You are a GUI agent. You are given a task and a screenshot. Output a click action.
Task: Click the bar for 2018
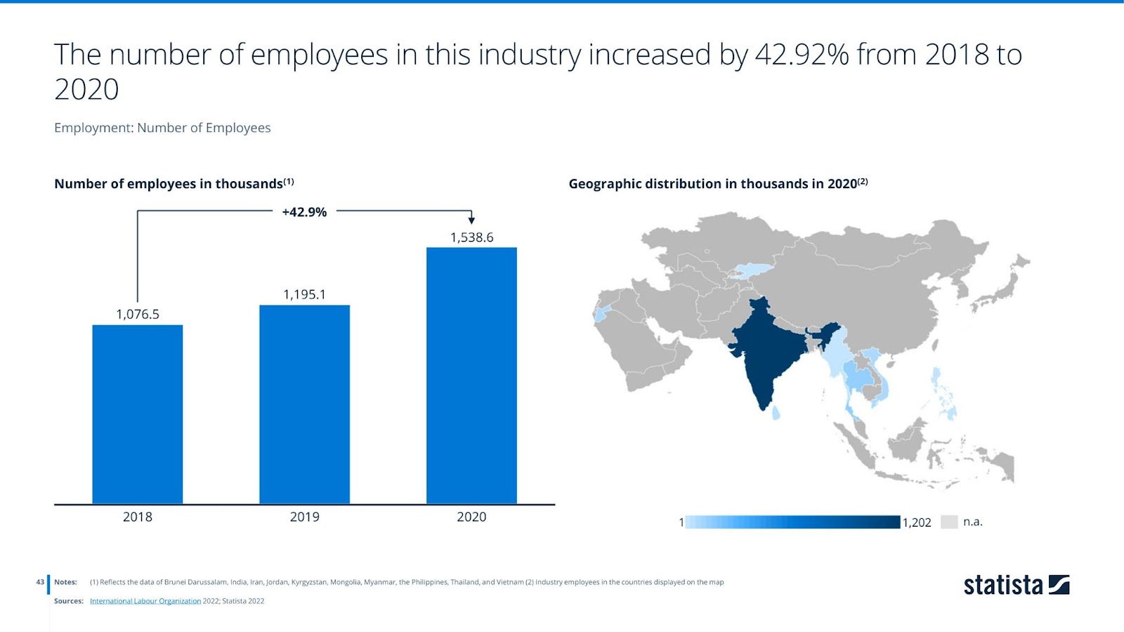coord(138,414)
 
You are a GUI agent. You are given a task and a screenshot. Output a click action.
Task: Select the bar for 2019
coord(304,404)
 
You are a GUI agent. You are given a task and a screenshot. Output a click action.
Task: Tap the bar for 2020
coord(471,376)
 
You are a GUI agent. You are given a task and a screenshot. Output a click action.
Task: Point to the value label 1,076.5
coord(138,315)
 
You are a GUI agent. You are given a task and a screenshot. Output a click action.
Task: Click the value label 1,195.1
coord(304,295)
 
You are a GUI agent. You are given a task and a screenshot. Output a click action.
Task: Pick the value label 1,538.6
coord(471,237)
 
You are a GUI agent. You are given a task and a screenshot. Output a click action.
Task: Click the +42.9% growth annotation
coord(304,212)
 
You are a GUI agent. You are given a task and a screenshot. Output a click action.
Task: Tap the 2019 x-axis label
coord(304,517)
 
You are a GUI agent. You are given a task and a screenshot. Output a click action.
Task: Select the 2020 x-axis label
coord(471,517)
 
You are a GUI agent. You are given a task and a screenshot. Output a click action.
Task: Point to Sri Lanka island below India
coord(776,413)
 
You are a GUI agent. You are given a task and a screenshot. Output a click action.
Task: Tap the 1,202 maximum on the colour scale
coord(917,522)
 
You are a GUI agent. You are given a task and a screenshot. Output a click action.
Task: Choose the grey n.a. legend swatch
coord(949,522)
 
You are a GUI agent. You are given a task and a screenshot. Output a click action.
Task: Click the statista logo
coord(1016,585)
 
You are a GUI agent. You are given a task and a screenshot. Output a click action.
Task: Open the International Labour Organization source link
coord(145,601)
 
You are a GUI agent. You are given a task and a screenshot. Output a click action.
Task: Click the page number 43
coord(40,582)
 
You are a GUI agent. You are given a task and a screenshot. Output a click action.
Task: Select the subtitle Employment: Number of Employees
coord(162,128)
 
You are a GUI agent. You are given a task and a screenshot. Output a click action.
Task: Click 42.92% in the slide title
coord(802,55)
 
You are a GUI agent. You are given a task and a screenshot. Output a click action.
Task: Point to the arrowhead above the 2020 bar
coord(471,220)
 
